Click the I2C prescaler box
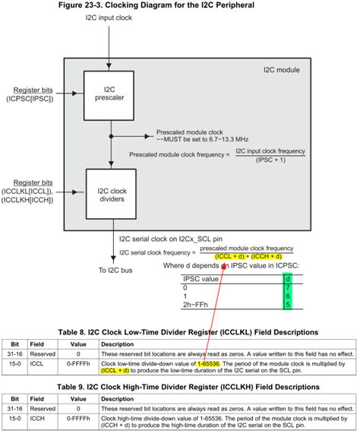109,97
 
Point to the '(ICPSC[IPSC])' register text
30,99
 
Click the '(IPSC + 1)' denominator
270,161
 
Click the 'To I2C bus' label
115,271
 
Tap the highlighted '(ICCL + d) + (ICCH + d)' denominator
248,256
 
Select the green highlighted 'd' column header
287,279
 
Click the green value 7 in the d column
287,288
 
